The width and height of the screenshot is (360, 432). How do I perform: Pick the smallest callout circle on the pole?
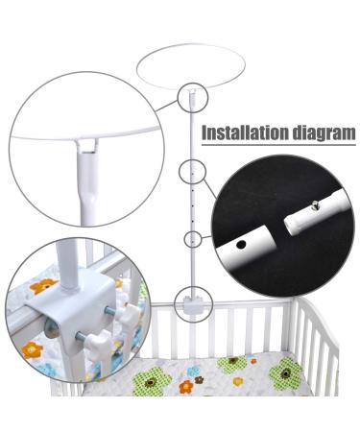pos(194,238)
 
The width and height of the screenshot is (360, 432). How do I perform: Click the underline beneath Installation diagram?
pos(278,147)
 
